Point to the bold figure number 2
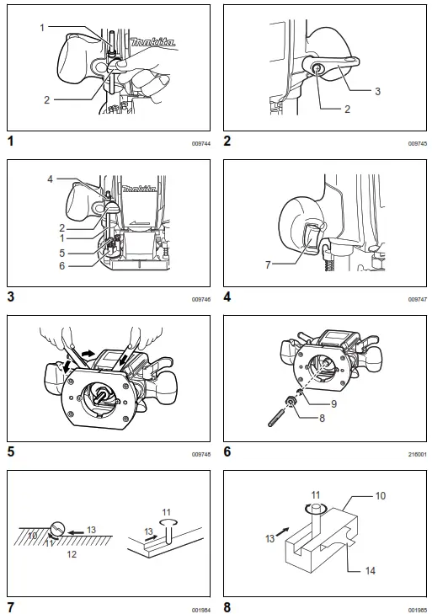tap(227, 141)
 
